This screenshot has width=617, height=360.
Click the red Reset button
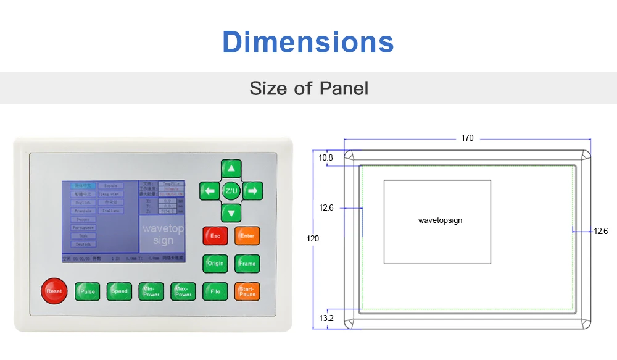54,291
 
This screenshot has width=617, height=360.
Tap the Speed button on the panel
119,291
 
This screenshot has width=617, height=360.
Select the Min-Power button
151,291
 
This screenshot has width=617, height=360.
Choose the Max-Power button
183,291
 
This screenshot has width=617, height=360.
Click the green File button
215,291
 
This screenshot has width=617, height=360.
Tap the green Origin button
215,263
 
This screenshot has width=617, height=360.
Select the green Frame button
247,263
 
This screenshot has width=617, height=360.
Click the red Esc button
215,236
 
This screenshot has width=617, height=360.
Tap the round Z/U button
231,191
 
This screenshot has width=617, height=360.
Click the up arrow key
231,169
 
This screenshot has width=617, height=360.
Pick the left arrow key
209,191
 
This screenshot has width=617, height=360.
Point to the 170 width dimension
467,138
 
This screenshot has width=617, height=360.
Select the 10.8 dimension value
326,158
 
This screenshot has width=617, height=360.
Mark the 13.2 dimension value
326,318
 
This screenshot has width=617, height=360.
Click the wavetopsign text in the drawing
440,220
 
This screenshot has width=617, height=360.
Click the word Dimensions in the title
308,42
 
